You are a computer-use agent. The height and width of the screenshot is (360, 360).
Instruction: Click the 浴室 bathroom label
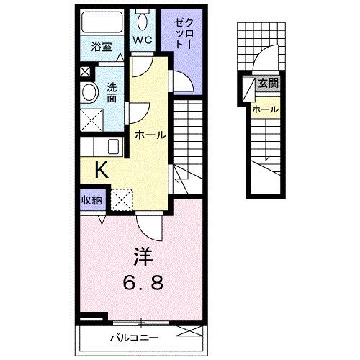[100, 48]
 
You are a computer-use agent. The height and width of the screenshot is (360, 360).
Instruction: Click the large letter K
[102, 170]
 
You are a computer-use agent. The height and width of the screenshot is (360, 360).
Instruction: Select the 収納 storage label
[91, 199]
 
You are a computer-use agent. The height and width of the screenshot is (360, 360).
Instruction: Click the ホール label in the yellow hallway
[151, 135]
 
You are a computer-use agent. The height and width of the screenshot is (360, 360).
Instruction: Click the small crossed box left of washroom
[85, 71]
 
